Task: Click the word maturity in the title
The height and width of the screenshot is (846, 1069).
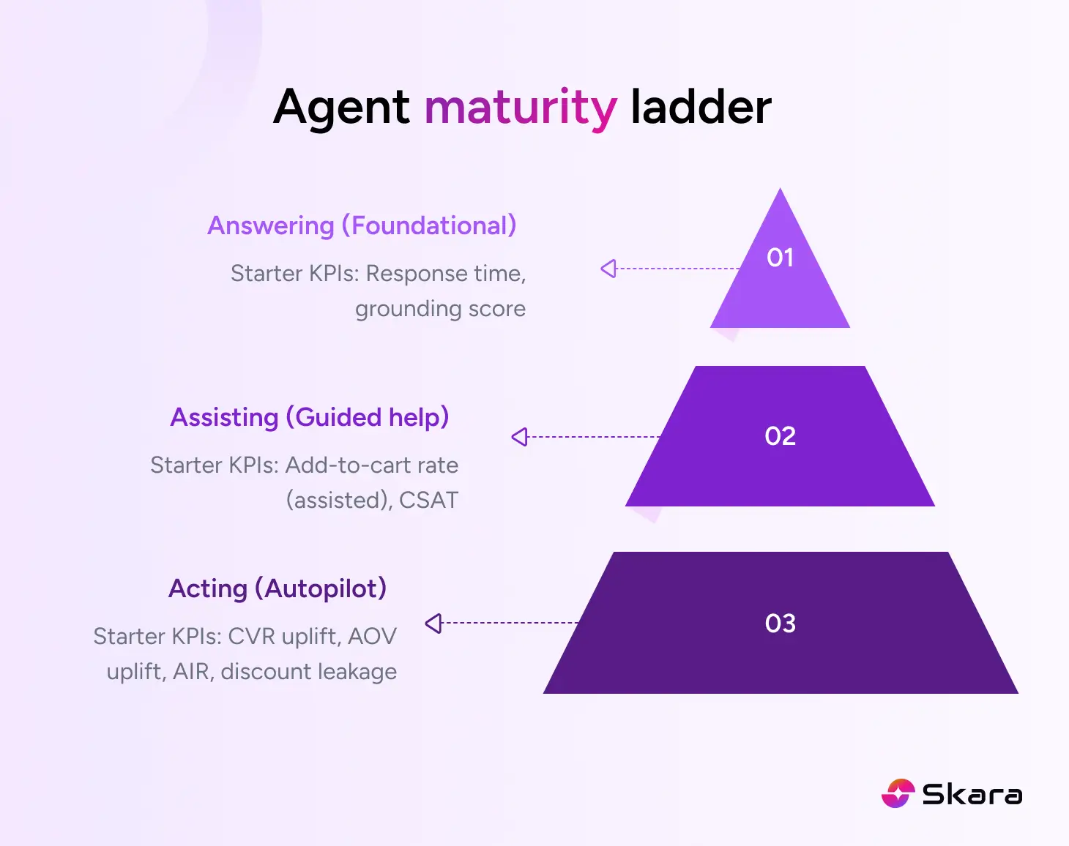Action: pos(521,108)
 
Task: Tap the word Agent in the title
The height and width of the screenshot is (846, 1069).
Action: pos(341,108)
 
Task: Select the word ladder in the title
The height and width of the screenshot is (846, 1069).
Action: pos(701,107)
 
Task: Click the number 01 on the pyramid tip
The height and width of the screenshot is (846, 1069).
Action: pos(780,258)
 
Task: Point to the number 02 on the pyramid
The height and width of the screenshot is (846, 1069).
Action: pos(780,436)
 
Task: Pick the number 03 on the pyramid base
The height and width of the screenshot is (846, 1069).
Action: pos(780,624)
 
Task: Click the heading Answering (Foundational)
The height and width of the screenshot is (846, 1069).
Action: pos(362,225)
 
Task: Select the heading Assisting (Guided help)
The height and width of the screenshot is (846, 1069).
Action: pos(309,417)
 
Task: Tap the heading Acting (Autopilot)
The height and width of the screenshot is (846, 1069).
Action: pos(278,588)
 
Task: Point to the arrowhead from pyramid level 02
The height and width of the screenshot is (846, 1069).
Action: pos(519,437)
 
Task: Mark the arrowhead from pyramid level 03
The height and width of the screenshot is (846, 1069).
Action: pos(433,623)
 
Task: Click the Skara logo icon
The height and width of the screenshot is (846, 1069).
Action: pos(898,793)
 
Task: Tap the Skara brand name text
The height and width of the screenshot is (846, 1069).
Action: pos(972,794)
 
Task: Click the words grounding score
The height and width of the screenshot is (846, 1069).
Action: pos(440,309)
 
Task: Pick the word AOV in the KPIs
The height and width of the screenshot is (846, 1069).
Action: pos(372,637)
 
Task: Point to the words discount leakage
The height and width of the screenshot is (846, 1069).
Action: pos(308,672)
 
